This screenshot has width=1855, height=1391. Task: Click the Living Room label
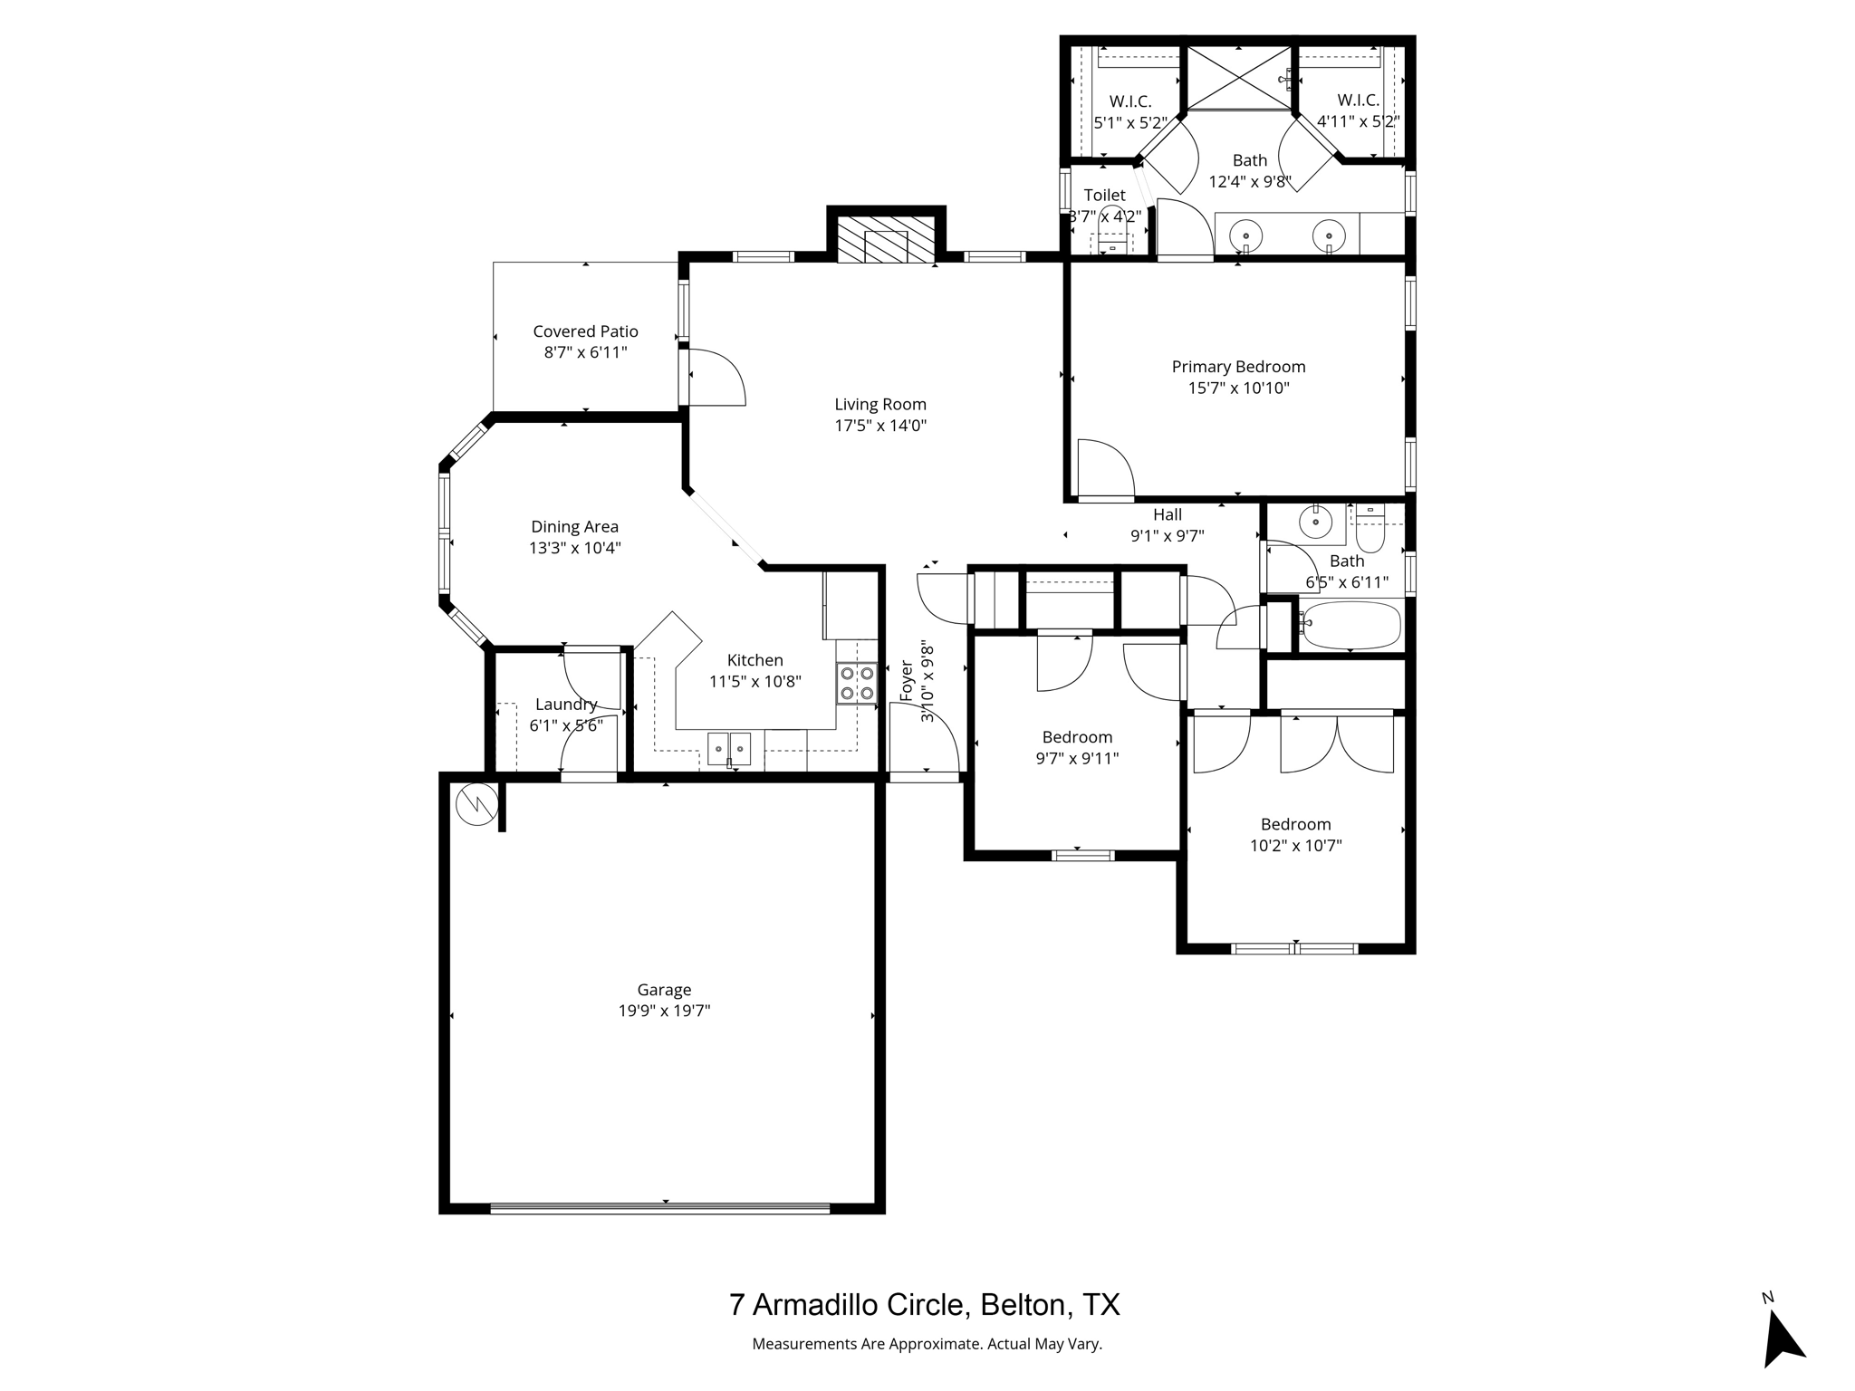pos(879,405)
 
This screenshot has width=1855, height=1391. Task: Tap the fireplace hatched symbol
pos(884,240)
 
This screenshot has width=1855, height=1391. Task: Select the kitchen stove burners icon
pos(857,684)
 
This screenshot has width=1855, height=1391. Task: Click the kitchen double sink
pos(729,749)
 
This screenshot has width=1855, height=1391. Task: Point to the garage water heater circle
pos(476,804)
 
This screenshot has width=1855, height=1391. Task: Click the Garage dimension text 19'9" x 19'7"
pos(664,1012)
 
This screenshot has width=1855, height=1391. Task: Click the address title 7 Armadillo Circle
pos(924,1305)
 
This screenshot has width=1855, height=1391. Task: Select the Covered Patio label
pos(585,332)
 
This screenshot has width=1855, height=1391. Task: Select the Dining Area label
pos(574,527)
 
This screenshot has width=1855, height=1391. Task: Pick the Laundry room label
pos(566,705)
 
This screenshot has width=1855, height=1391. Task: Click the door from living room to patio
pos(716,378)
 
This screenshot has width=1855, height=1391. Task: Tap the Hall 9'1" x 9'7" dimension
pos(1167,535)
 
